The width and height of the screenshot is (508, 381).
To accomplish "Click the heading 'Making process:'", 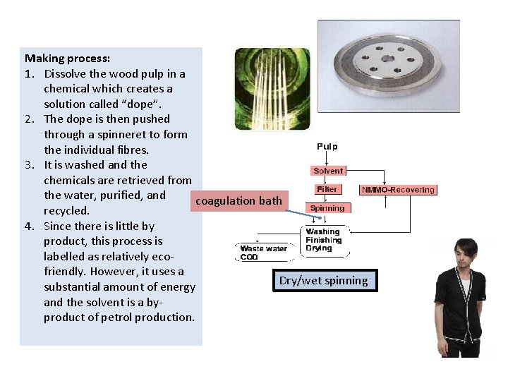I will (67, 59).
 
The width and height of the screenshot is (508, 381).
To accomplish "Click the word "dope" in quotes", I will (142, 104).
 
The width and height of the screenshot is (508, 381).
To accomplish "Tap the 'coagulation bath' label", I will (238, 201).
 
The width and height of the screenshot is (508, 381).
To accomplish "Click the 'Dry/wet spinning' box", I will (323, 281).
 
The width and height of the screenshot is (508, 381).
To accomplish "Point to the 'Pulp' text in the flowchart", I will (327, 147).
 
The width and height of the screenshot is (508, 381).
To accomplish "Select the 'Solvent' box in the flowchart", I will (328, 171).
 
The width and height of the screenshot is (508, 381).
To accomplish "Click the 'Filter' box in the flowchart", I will (327, 189).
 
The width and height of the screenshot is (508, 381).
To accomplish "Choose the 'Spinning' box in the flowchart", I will (327, 208).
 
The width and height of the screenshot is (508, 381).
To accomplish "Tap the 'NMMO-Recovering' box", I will (399, 190).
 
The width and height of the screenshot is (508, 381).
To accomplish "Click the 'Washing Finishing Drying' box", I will (325, 241).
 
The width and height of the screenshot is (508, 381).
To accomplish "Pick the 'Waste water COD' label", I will (263, 252).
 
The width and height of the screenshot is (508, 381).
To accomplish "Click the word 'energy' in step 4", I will (178, 286).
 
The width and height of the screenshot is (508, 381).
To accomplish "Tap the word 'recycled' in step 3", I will (66, 210).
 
